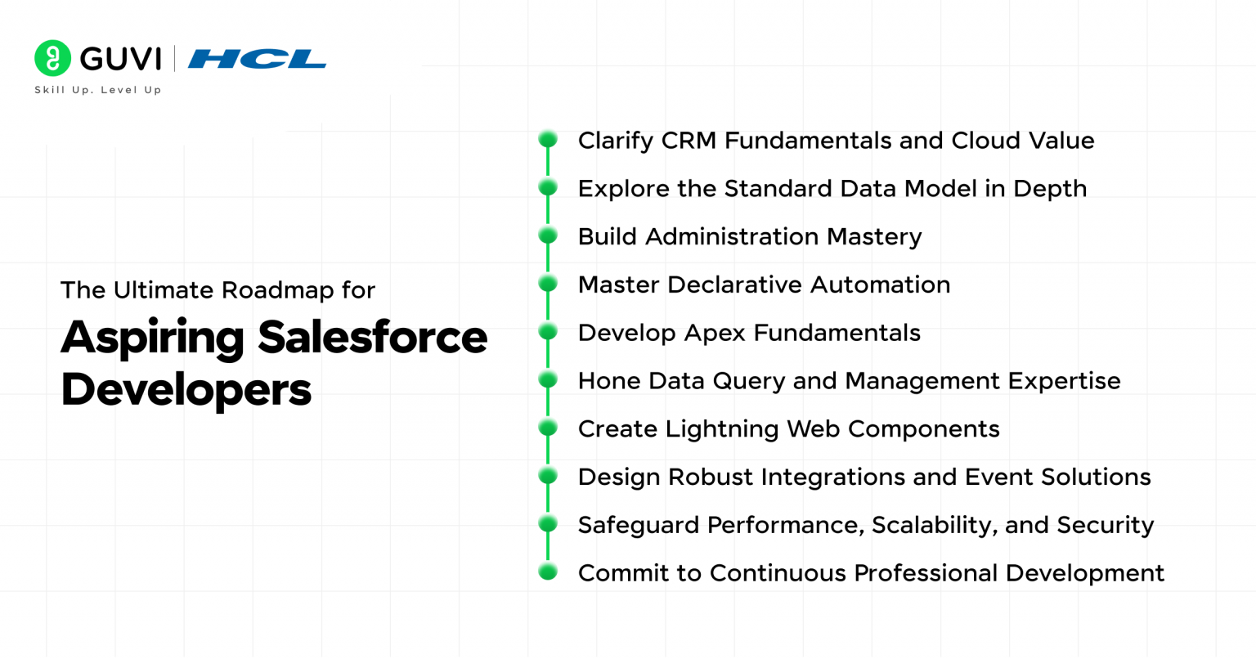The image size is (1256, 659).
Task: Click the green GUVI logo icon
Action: [x=52, y=58]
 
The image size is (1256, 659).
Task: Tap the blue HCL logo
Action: [x=257, y=59]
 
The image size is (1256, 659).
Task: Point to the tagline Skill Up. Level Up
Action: [x=98, y=90]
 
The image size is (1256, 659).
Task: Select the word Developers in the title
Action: [x=186, y=389]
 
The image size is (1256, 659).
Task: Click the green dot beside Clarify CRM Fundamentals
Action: [x=548, y=140]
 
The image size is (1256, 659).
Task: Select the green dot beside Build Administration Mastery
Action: [x=548, y=236]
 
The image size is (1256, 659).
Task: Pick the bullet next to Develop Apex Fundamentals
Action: [x=548, y=332]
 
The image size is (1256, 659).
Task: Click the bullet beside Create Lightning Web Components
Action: [x=548, y=428]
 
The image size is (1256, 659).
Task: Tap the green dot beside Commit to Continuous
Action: [x=548, y=572]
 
